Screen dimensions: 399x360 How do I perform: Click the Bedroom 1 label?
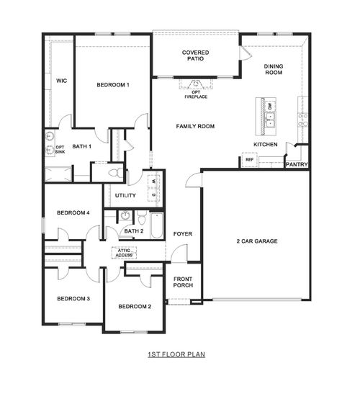click(112, 86)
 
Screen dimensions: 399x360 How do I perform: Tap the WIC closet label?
click(61, 81)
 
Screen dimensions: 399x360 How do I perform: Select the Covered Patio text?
click(196, 55)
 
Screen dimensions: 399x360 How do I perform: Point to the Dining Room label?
click(273, 69)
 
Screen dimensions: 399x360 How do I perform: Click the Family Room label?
click(196, 127)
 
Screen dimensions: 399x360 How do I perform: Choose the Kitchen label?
click(265, 145)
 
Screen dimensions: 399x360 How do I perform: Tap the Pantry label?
click(297, 164)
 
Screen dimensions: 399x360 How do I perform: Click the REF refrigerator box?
click(250, 161)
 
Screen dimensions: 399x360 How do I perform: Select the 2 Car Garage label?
click(256, 241)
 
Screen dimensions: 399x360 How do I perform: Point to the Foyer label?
click(182, 234)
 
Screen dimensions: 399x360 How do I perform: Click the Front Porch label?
click(183, 281)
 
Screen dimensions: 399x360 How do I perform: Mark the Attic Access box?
click(122, 252)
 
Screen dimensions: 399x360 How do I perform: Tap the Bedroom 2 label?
click(135, 307)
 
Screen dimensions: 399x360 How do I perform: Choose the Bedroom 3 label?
click(73, 299)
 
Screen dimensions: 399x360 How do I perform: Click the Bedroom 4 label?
click(73, 213)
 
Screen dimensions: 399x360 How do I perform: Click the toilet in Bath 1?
click(114, 173)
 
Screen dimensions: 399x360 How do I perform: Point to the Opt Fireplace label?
click(196, 94)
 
